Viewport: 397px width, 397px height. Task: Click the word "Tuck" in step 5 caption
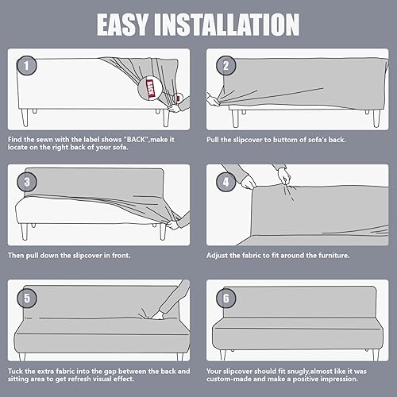coord(17,371)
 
